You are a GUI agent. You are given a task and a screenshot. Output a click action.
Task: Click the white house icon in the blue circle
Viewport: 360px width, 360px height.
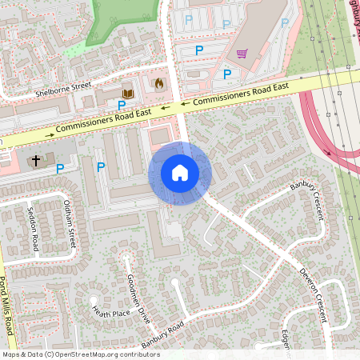[180, 173]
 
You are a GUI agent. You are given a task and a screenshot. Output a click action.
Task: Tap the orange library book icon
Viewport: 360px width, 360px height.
[127, 94]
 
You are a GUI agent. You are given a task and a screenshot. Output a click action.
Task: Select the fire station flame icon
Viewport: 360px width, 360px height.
[158, 82]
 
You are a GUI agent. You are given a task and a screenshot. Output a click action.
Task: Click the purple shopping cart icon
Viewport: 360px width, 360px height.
[242, 54]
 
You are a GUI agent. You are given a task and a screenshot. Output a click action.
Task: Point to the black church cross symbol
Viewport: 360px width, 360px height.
[34, 161]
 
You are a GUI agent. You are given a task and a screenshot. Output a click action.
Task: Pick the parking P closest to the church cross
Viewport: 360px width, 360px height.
[60, 169]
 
